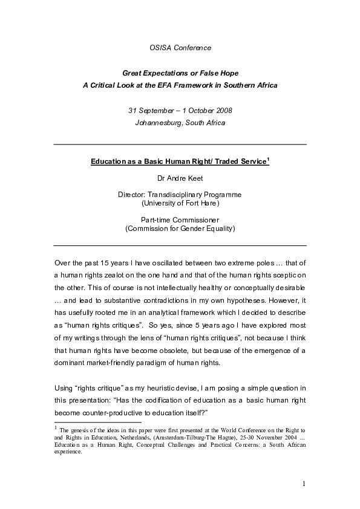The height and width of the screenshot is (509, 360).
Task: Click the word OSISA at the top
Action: point(160,47)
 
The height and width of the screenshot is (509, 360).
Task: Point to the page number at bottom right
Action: point(303,484)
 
